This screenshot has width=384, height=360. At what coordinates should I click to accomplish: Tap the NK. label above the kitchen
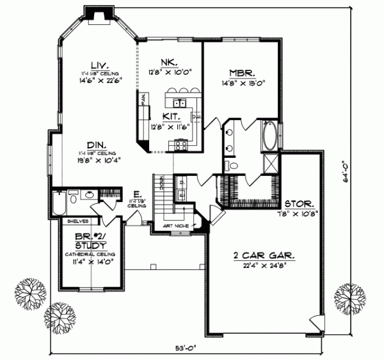(x=169, y=62)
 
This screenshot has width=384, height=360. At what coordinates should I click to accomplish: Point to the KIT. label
(x=170, y=118)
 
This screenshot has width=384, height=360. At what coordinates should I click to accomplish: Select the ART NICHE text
(x=174, y=225)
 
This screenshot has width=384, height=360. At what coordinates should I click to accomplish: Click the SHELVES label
(x=72, y=221)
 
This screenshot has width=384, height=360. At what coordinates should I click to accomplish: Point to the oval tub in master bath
(x=270, y=136)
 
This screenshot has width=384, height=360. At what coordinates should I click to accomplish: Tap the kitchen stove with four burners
(x=180, y=145)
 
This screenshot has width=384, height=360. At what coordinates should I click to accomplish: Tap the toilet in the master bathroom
(x=234, y=166)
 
